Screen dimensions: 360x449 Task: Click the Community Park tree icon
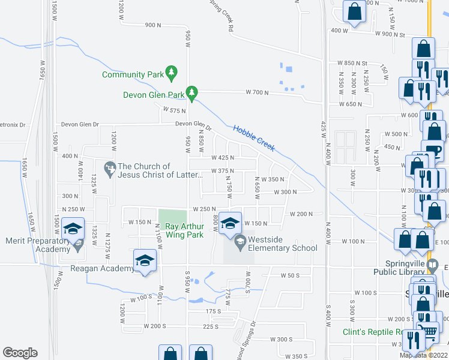[x=172, y=73]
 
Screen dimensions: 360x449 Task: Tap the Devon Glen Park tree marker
[x=192, y=93]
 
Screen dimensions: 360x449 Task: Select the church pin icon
[x=110, y=170]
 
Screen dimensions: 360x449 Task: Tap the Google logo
[x=20, y=353]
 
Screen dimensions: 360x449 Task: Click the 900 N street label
[x=153, y=25]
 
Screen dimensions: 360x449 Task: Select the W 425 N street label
[x=222, y=158]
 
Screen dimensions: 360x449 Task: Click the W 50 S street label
[x=289, y=275]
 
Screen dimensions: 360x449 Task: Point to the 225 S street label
[x=211, y=327]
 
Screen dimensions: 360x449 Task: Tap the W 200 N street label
[x=301, y=214]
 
